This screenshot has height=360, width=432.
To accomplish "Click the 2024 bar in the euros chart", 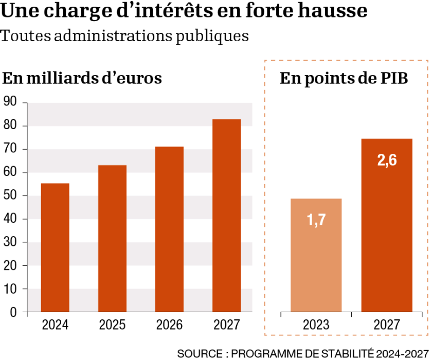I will click(x=55, y=247).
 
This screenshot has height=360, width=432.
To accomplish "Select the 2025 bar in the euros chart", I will click(x=112, y=239).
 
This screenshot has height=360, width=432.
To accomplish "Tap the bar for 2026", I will click(x=169, y=229).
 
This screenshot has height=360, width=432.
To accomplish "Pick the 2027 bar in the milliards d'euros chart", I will click(x=226, y=215).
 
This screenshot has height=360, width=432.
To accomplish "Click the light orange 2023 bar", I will click(x=316, y=255).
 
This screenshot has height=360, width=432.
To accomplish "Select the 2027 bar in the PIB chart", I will click(x=387, y=225).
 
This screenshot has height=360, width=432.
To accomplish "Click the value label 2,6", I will click(x=387, y=160).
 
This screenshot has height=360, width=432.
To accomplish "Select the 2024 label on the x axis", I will click(x=55, y=325).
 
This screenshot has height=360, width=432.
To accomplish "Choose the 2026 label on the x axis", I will click(x=169, y=325).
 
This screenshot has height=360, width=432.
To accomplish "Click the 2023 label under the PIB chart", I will click(x=316, y=325).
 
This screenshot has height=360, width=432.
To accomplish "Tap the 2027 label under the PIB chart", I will click(x=387, y=325).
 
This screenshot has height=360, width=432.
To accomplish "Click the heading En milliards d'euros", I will click(x=82, y=78).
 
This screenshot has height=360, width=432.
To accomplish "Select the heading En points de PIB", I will click(x=344, y=78).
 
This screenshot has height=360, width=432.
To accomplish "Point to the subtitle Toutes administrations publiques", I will click(x=125, y=36).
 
